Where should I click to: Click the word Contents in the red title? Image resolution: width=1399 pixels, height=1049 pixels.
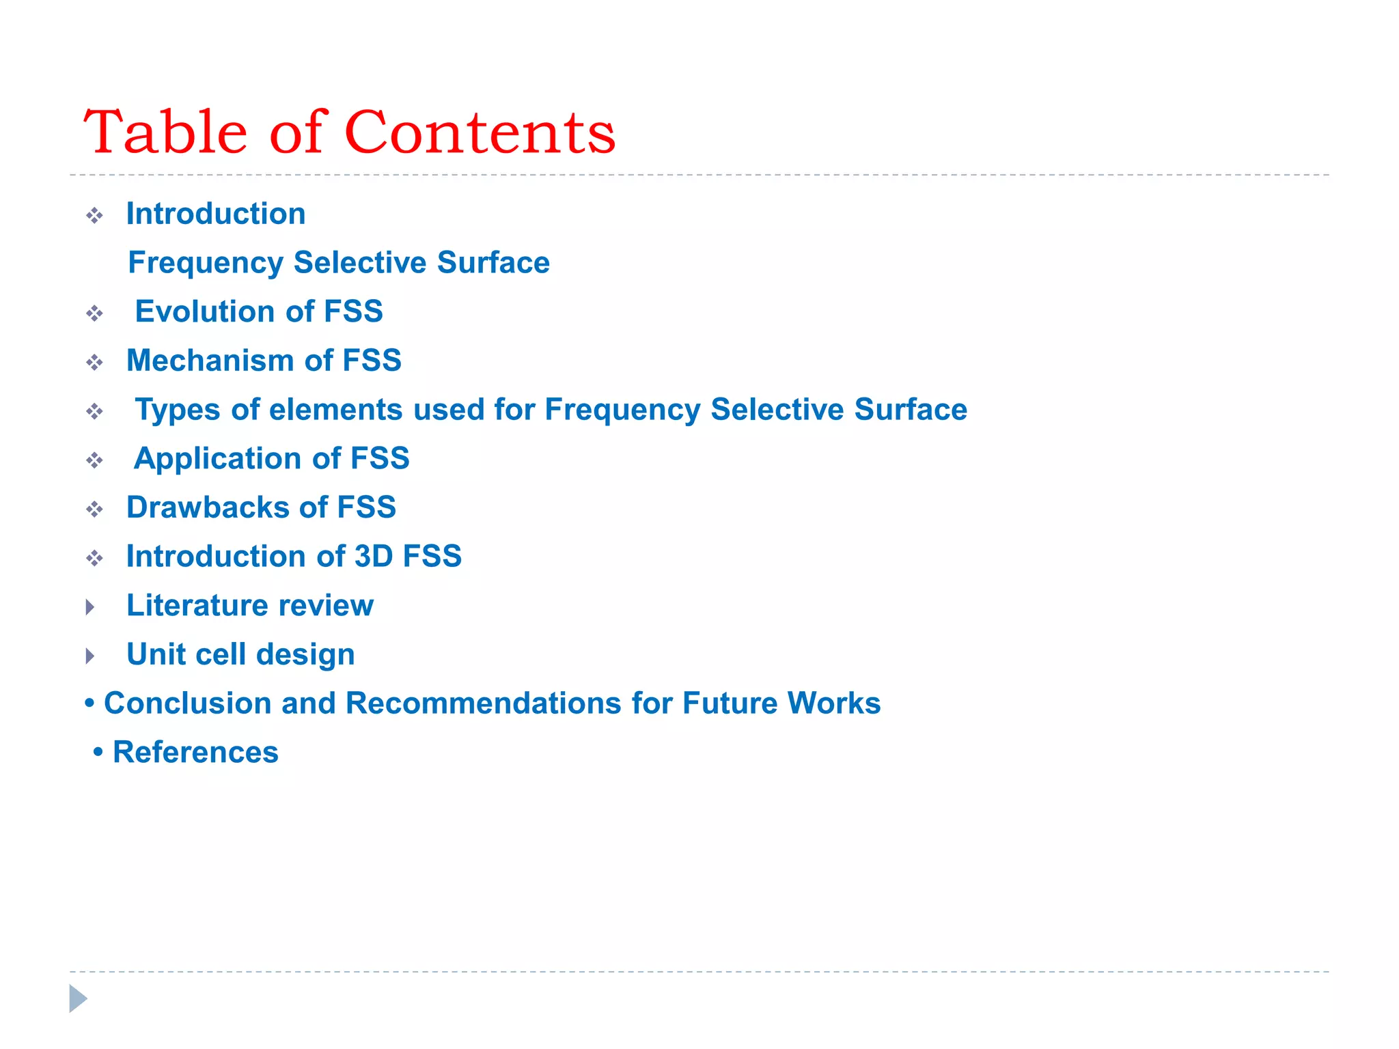pyautogui.click(x=480, y=132)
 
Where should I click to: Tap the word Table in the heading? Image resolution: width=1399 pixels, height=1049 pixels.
pyautogui.click(x=165, y=132)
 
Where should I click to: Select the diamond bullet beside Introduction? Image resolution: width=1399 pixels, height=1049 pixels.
pyautogui.click(x=94, y=216)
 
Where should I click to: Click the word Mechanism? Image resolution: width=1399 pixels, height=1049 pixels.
pyautogui.click(x=210, y=361)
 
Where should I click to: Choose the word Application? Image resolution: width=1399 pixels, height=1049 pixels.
pyautogui.click(x=218, y=458)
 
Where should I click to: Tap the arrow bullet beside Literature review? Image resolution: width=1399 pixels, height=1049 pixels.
pyautogui.click(x=89, y=607)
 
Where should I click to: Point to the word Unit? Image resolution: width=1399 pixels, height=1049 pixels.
pyautogui.click(x=152, y=654)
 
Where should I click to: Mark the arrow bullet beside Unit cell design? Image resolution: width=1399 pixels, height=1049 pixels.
pyautogui.click(x=89, y=656)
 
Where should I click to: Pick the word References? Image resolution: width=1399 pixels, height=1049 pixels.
pyautogui.click(x=195, y=753)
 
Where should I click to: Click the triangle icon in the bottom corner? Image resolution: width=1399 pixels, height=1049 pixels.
pyautogui.click(x=78, y=998)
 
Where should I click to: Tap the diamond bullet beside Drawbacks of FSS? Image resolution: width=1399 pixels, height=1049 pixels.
pyautogui.click(x=94, y=509)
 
